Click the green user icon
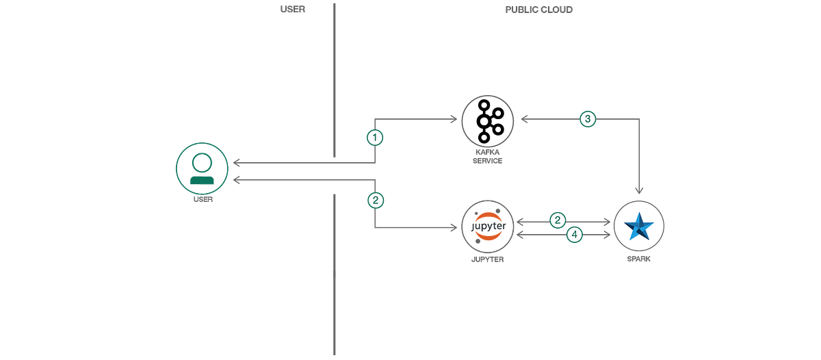click(x=202, y=168)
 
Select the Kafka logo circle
click(x=487, y=120)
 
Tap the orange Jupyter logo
click(x=488, y=227)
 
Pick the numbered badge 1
click(x=374, y=138)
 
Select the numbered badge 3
click(x=587, y=118)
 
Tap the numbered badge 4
click(x=575, y=235)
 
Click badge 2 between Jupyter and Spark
click(x=558, y=220)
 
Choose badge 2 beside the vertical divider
click(x=374, y=201)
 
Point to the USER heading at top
click(x=293, y=10)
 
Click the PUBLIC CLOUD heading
click(x=539, y=10)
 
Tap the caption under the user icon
click(x=202, y=200)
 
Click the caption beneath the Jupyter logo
click(x=488, y=261)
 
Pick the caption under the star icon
click(x=639, y=260)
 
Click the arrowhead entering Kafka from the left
click(x=454, y=120)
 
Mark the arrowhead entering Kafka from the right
click(x=523, y=120)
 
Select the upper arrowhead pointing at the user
click(x=237, y=163)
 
